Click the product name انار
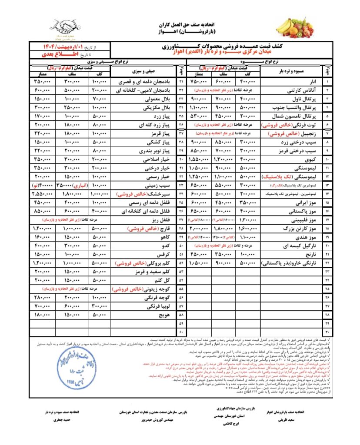[x=313, y=82]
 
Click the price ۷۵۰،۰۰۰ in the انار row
[x=200, y=82]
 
